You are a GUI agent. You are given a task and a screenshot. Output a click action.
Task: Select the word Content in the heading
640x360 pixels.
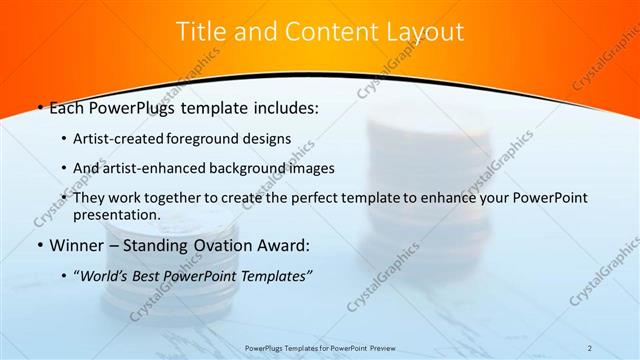323,32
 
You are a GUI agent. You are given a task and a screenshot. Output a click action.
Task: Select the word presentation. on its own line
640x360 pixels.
117,214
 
